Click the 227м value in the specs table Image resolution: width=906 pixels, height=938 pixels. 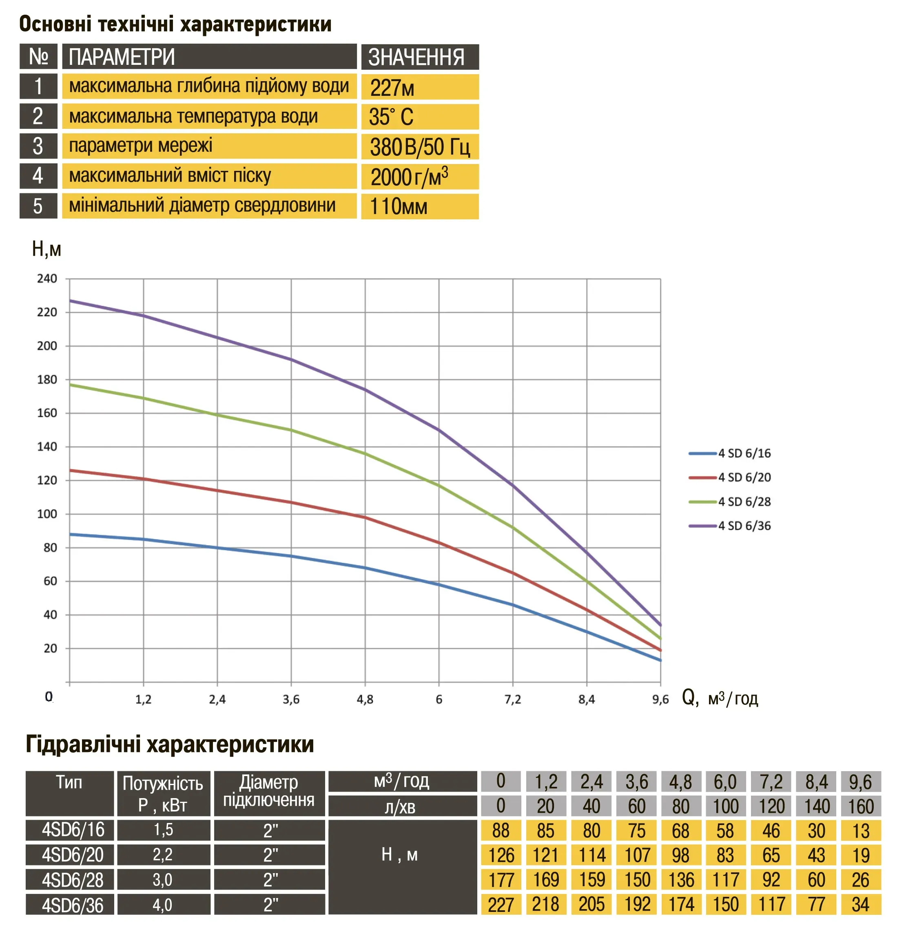coord(392,88)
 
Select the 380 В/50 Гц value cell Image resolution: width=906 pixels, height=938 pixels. coord(419,147)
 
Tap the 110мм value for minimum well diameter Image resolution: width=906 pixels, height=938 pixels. coord(398,207)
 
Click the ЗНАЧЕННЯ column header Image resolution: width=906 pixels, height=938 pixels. coord(416,58)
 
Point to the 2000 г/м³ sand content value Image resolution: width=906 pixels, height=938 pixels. coord(409,177)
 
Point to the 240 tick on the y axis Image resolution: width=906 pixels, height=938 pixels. coord(47,279)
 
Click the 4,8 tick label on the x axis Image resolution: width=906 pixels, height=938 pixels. coord(365,700)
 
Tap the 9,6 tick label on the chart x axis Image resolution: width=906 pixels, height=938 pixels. coord(660,700)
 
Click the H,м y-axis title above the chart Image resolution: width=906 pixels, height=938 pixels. coord(47,249)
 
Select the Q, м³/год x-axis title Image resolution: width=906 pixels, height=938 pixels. coord(719,698)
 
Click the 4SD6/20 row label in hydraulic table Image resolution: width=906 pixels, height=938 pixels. coord(72,855)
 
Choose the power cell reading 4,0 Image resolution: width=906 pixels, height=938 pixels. coord(163,905)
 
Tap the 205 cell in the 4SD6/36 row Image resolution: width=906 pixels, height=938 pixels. coord(591,905)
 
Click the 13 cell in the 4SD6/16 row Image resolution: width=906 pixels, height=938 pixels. coord(861,831)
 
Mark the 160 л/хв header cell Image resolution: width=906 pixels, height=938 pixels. coord(861,806)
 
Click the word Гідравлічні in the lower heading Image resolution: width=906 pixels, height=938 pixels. coord(82,745)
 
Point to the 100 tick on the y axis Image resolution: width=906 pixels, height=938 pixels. coord(47,514)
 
